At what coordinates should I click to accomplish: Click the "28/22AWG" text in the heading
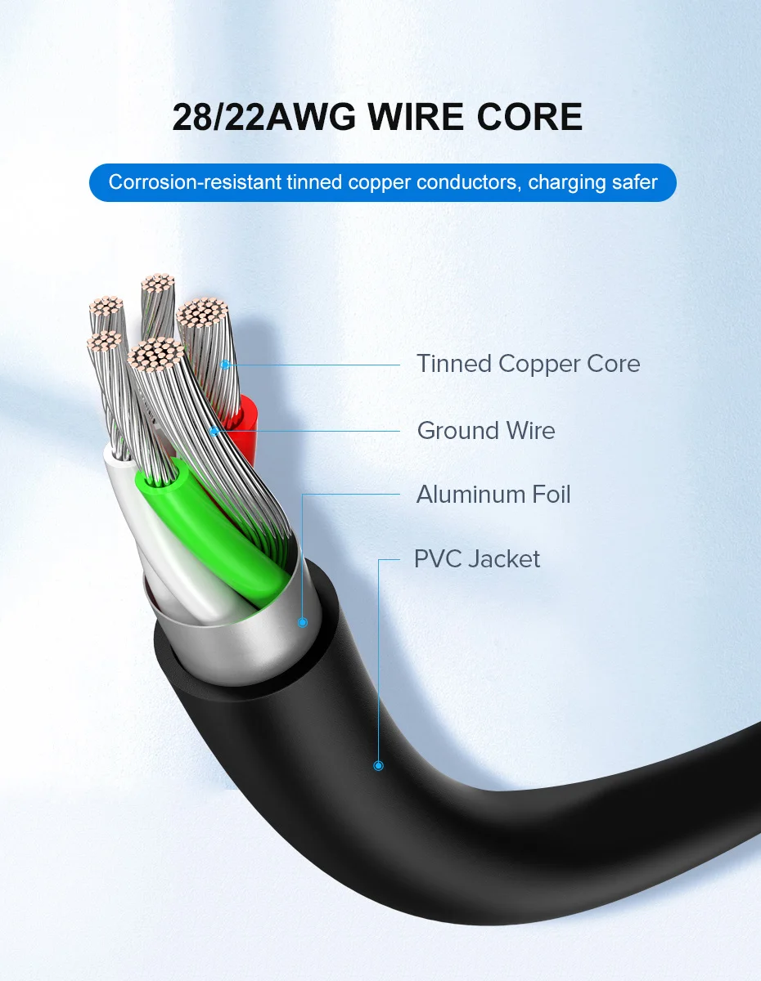point(263,117)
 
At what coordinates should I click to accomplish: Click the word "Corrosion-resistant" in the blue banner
point(195,181)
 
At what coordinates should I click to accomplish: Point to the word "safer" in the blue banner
point(631,181)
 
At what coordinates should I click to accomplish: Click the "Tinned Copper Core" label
point(528,364)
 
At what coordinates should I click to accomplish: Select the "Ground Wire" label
point(486,431)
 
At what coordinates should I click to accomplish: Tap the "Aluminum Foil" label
point(493,495)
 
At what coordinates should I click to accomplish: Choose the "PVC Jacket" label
point(477,559)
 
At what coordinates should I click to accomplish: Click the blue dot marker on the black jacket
point(378,766)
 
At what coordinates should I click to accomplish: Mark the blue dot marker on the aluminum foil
point(302,622)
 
